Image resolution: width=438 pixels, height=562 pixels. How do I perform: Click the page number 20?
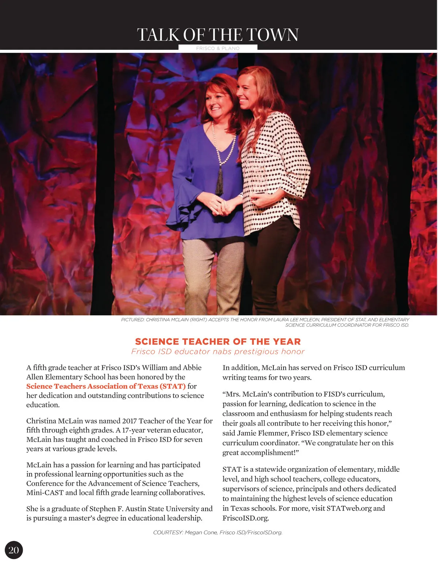pyautogui.click(x=14, y=550)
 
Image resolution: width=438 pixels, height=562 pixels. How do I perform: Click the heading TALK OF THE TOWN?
pyautogui.click(x=218, y=35)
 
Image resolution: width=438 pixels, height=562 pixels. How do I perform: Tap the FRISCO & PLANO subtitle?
pyautogui.click(x=218, y=48)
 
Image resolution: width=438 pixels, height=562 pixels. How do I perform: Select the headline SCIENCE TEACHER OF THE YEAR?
pyautogui.click(x=218, y=342)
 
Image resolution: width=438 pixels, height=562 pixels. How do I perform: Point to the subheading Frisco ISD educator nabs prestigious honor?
pyautogui.click(x=218, y=352)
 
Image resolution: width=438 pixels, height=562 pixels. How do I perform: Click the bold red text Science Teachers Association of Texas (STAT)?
pyautogui.click(x=106, y=386)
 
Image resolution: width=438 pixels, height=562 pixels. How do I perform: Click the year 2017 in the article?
pyautogui.click(x=129, y=421)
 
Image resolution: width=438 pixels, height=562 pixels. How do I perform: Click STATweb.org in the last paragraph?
pyautogui.click(x=349, y=508)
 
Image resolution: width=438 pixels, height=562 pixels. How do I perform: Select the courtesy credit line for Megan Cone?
pyautogui.click(x=218, y=532)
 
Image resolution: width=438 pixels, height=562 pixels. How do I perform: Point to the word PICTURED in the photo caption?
pyautogui.click(x=132, y=320)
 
